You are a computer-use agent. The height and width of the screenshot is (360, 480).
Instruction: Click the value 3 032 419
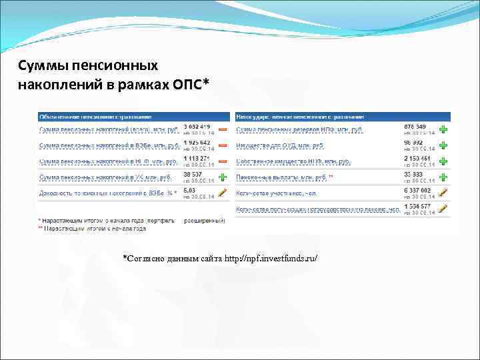[197, 126]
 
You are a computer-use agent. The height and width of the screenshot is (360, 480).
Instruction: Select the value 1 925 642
[197, 142]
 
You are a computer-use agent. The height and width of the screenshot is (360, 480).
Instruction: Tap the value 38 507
[193, 174]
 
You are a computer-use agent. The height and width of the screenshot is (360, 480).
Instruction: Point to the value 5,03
[189, 190]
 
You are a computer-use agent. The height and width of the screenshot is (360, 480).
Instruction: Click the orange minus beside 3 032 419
[223, 129]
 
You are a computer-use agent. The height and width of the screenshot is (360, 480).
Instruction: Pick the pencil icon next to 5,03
[223, 193]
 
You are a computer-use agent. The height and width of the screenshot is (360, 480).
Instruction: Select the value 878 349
[415, 126]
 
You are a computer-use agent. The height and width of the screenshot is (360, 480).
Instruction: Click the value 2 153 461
[417, 158]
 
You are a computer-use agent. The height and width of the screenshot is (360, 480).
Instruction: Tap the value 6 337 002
[417, 190]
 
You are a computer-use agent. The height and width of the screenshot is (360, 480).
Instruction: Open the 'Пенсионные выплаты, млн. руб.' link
[283, 177]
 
